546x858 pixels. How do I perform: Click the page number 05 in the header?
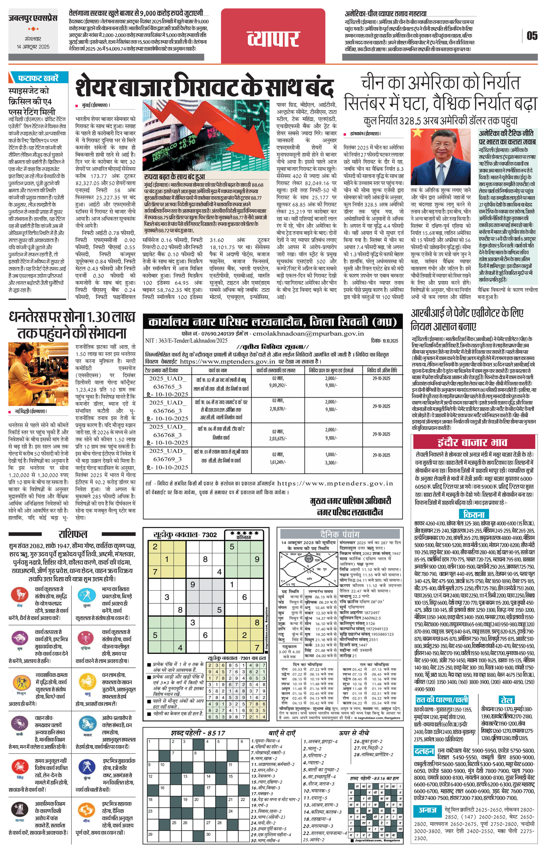click(532, 36)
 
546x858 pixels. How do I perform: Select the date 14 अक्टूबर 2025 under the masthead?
click(33, 47)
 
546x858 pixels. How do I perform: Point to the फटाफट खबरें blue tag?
click(38, 78)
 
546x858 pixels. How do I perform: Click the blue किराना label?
click(474, 514)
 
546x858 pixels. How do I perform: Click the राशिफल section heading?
click(73, 534)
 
